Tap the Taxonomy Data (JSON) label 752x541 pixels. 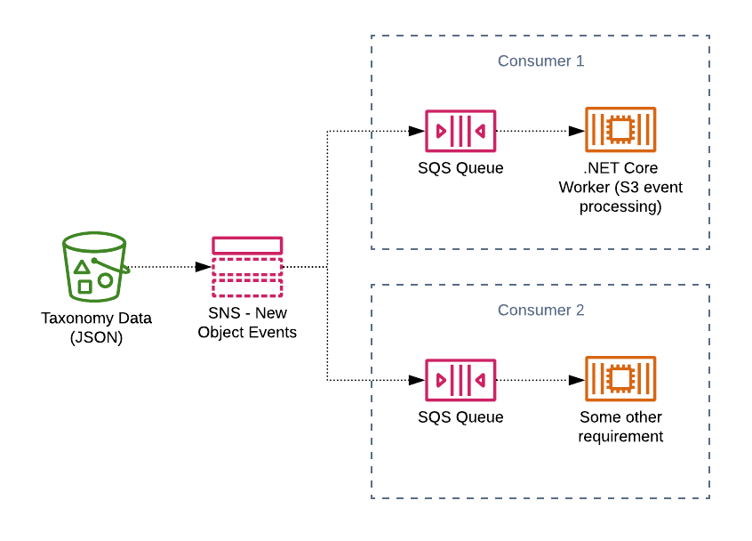click(96, 327)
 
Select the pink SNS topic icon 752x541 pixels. click(247, 266)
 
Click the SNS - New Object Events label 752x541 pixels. click(247, 323)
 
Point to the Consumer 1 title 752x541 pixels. click(540, 61)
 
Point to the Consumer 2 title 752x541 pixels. click(540, 311)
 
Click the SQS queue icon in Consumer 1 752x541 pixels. click(460, 131)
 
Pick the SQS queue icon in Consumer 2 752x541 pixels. click(460, 380)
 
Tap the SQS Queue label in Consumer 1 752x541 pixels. click(460, 168)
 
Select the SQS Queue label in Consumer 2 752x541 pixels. click(460, 417)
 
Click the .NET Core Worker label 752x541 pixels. click(620, 188)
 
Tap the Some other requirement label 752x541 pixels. click(620, 427)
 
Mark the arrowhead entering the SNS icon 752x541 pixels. click(204, 266)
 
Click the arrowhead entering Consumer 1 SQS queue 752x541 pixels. click(417, 131)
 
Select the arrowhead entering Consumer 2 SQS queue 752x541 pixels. click(417, 380)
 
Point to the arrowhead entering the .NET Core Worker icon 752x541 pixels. click(577, 131)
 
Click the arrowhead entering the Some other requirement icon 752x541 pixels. click(577, 380)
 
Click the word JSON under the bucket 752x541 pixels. click(96, 337)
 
